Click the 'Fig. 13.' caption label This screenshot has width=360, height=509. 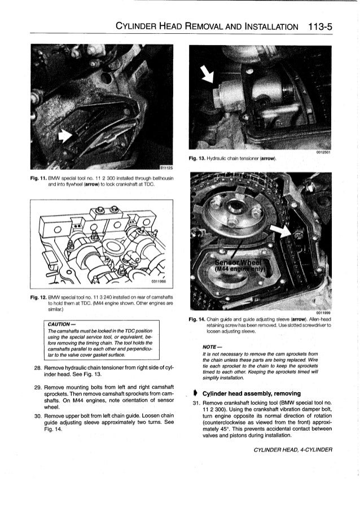pyautogui.click(x=200, y=158)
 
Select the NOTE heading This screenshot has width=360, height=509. pyautogui.click(x=204, y=346)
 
